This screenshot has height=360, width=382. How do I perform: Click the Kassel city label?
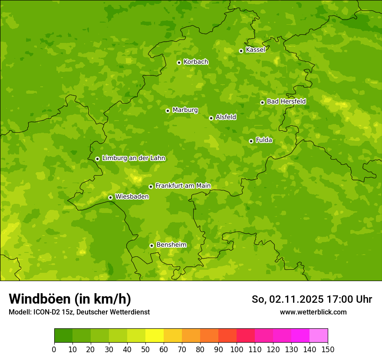coord(255,50)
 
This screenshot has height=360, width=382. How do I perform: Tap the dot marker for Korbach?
coord(179,62)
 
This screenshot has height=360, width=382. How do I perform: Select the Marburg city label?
coord(185,110)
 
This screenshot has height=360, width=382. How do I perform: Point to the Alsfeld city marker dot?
coord(211,118)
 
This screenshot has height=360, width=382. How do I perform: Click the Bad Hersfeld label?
coord(286,101)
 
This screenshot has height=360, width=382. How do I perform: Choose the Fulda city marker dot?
coord(251,141)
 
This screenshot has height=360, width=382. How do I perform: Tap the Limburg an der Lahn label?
coord(133,158)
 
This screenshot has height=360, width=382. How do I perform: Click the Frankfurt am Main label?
coord(183,186)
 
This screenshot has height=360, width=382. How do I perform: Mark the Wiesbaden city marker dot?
coord(110,197)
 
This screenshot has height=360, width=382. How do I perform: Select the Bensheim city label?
coord(171,245)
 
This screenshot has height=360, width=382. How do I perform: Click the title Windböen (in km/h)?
coord(70,299)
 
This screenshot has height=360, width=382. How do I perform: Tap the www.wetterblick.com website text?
coord(313,312)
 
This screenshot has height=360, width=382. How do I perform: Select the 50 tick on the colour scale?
coord(145,350)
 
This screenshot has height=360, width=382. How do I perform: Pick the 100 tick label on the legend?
coord(237,350)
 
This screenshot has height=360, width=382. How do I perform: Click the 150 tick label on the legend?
coord(328,350)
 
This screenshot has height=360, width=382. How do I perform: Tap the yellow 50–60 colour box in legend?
coord(155,336)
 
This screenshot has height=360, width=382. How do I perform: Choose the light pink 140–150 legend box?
coord(319,336)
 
